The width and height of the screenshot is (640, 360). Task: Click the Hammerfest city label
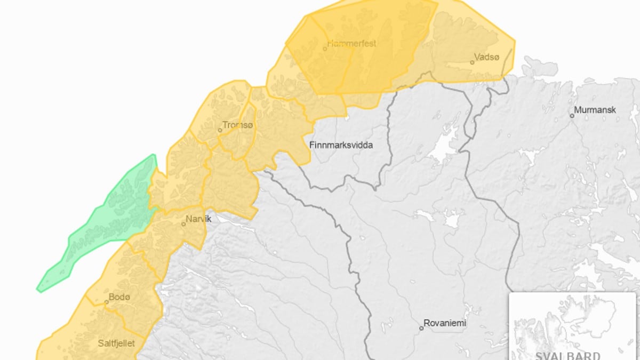[x=352, y=43]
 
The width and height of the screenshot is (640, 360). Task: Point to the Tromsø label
[x=238, y=125]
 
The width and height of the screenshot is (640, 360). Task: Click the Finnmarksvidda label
[x=341, y=145]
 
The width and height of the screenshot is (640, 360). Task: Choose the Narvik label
[x=199, y=219]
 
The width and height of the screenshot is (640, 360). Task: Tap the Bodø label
[x=119, y=297]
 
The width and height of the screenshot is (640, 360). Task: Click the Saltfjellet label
[x=117, y=343]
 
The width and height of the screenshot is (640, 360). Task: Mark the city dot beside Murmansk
[x=572, y=115]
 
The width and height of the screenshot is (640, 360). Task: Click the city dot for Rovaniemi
[x=421, y=328]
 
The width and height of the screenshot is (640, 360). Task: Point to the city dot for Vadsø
[x=472, y=62]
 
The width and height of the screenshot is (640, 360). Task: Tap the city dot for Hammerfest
[x=325, y=49]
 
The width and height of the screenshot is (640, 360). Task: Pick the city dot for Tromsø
[x=220, y=130]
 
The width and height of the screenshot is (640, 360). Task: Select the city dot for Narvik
[x=183, y=224]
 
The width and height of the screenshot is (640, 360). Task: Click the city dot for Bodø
[x=106, y=302]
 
